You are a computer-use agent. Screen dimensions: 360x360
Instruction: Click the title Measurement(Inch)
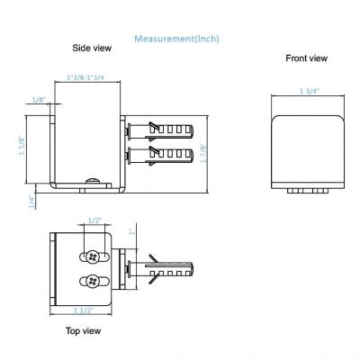tap(176, 39)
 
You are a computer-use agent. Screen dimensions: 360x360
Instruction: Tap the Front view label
tap(307, 58)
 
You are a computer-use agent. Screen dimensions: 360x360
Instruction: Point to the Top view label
tap(82, 330)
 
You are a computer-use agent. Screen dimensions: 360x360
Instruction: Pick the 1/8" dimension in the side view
tap(39, 99)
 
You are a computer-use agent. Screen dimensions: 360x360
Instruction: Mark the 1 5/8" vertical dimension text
tap(21, 145)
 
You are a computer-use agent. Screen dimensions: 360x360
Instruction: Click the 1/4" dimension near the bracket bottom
tap(31, 202)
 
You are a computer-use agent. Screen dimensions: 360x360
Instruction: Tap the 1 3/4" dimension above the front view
tap(310, 92)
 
